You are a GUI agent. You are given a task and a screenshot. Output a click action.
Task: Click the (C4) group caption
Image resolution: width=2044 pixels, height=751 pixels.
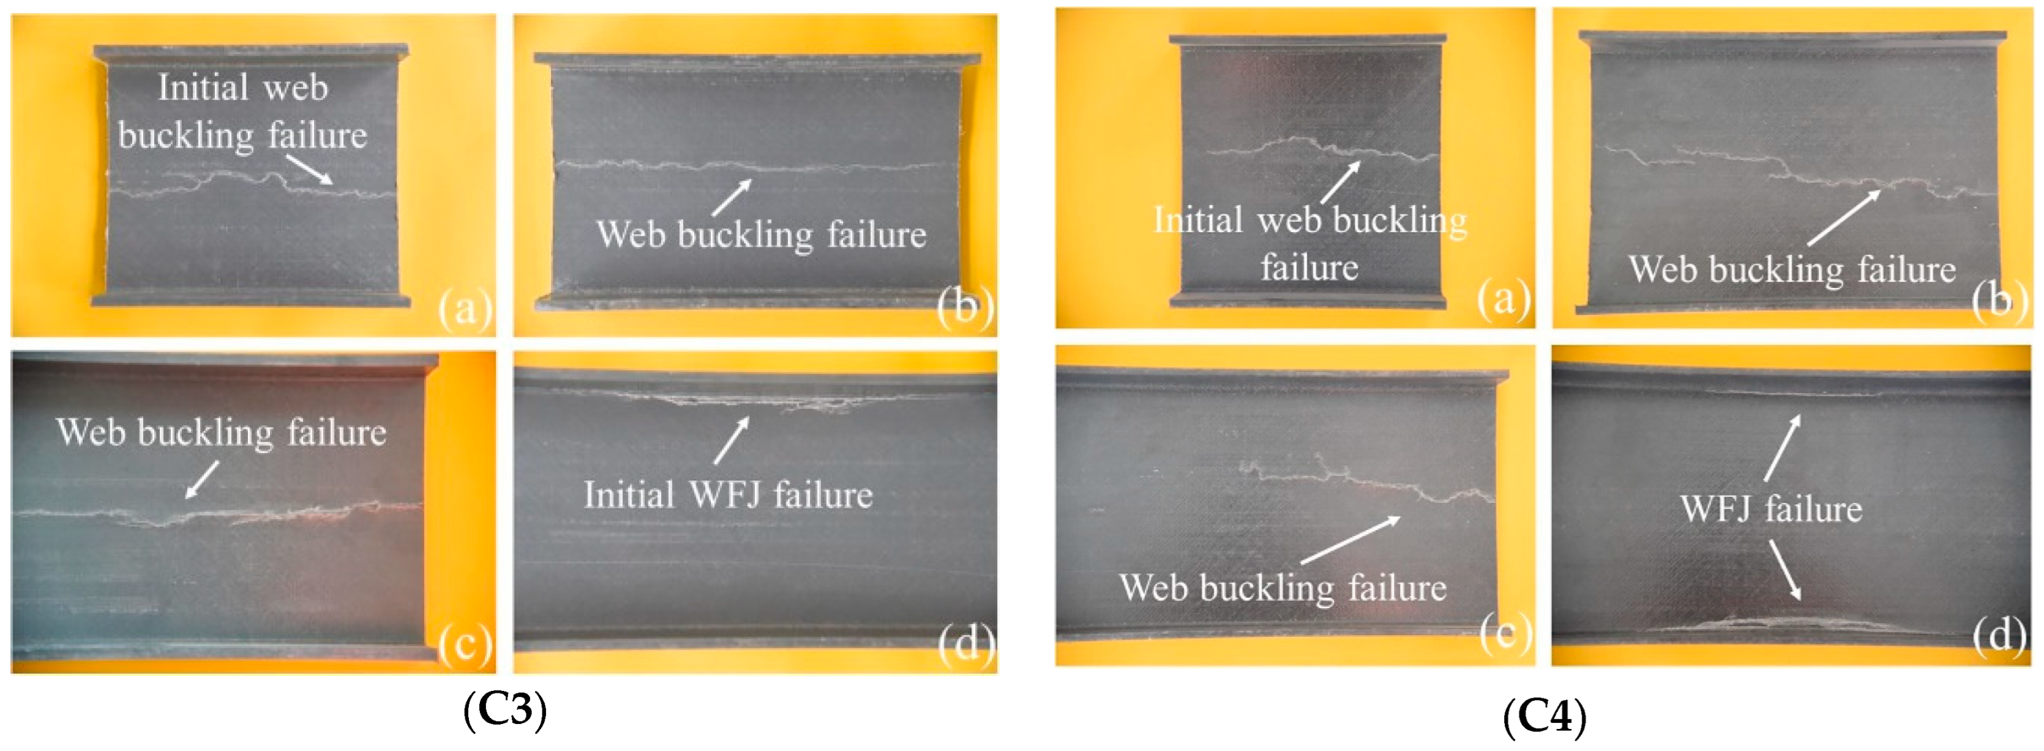[x=1544, y=717]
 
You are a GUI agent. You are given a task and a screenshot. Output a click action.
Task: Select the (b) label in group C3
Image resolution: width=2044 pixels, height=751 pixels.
[x=965, y=306]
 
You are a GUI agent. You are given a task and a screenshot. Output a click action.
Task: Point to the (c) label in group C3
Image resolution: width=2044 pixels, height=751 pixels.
[x=465, y=643]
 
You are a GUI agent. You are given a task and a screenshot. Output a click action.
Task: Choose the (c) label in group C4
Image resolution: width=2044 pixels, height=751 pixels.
[x=1505, y=633]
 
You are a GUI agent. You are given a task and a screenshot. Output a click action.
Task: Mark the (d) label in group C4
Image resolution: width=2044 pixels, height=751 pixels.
[x=1999, y=633]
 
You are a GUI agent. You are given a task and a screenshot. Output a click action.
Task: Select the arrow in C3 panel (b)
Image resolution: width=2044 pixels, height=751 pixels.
[x=731, y=198]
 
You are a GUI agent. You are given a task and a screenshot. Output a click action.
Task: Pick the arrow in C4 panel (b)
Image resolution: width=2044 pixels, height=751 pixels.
[x=1843, y=217]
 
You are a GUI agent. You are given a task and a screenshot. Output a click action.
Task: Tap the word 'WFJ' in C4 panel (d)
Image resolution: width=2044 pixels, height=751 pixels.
[x=1714, y=509]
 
